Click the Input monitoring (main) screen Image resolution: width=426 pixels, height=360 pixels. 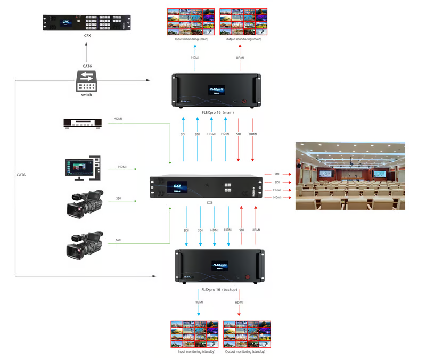191,21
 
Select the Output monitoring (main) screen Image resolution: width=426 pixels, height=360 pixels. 241,21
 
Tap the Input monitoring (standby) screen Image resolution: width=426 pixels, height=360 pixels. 194,334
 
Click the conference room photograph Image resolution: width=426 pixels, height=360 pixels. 350,175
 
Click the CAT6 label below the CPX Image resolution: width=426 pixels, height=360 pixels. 87,66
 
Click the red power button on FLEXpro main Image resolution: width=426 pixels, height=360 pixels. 244,101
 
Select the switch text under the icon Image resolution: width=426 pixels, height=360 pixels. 86,94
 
